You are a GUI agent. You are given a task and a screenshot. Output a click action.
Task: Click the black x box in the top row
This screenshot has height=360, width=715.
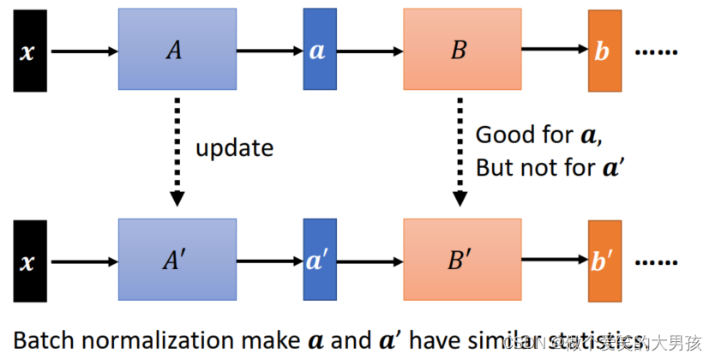29,51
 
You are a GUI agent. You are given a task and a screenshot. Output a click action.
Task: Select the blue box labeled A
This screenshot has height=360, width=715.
177,50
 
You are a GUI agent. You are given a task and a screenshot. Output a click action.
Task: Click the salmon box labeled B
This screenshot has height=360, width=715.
461,50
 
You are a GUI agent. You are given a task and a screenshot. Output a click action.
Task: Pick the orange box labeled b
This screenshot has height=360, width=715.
604,51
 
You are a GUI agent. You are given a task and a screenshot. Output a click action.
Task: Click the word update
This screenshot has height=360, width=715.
234,148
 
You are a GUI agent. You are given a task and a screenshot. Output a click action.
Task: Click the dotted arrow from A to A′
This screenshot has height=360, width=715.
177,151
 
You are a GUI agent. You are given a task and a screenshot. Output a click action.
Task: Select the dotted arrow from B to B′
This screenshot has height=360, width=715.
460,151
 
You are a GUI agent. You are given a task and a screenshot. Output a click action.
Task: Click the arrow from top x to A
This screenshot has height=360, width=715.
84,51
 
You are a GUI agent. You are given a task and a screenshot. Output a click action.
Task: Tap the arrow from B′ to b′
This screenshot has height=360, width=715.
554,261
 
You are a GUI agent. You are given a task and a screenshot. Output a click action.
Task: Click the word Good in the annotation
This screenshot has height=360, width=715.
501,135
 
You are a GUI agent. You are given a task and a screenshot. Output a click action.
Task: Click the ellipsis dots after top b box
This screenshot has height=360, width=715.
656,52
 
